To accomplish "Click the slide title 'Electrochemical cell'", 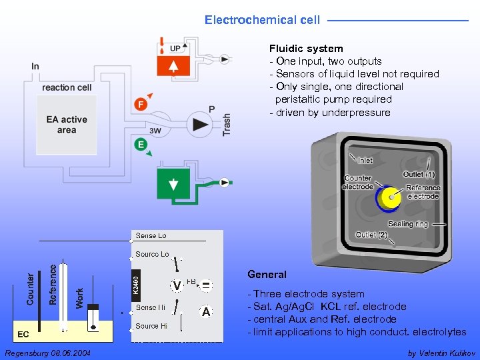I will pyautogui.click(x=262, y=20).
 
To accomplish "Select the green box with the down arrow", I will pyautogui.click(x=173, y=184).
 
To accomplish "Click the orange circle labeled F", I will pyautogui.click(x=141, y=104).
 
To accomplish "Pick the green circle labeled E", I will pyautogui.click(x=141, y=145).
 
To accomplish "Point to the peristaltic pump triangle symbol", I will pyautogui.click(x=199, y=125).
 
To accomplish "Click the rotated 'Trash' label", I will pyautogui.click(x=227, y=125).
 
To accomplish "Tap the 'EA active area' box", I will pyautogui.click(x=67, y=125).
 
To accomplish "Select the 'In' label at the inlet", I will pyautogui.click(x=35, y=66).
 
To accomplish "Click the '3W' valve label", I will pyautogui.click(x=155, y=131).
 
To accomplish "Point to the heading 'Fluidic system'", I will pyautogui.click(x=306, y=49).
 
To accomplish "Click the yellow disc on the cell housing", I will pyautogui.click(x=387, y=198).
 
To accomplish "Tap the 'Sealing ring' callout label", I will pyautogui.click(x=407, y=224).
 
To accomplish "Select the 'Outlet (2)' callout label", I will pyautogui.click(x=371, y=235).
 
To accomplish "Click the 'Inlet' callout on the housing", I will pyautogui.click(x=365, y=160).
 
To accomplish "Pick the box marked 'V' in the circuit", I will pyautogui.click(x=177, y=286).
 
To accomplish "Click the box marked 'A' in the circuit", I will pyautogui.click(x=206, y=311).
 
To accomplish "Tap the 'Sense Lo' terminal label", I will pyautogui.click(x=151, y=235).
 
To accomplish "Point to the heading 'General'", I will pyautogui.click(x=267, y=275).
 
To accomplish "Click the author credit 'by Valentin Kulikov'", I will pyautogui.click(x=441, y=352).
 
